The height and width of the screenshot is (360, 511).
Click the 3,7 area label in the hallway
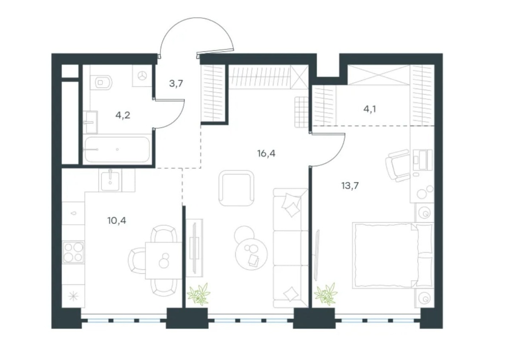(176, 84)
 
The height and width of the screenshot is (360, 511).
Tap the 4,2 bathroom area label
(123, 115)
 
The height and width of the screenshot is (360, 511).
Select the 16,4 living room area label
(266, 154)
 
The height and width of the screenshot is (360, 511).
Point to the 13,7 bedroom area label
(350, 186)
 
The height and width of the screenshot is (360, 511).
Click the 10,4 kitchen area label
(117, 221)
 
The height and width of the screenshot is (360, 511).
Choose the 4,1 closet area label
(370, 109)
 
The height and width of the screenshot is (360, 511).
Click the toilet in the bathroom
(101, 82)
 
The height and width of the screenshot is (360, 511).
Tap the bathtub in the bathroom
(117, 149)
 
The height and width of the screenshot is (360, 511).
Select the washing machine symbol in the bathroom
(142, 75)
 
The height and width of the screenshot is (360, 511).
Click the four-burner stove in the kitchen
(73, 252)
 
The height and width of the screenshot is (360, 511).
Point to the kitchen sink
(110, 180)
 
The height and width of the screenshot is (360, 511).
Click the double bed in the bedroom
(393, 255)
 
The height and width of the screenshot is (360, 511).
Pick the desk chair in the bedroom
(397, 166)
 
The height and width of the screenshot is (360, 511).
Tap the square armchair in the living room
(236, 189)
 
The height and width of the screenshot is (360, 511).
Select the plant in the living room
(199, 294)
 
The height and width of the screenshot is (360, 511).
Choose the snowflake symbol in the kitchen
(73, 296)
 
